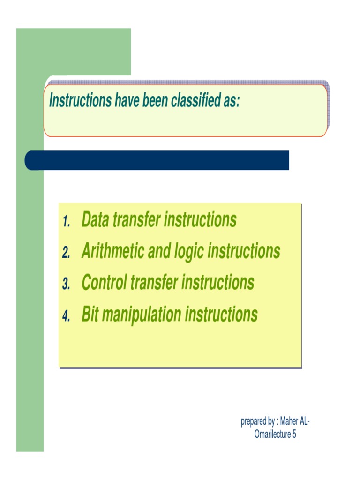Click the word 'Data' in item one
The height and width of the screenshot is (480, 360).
click(x=97, y=219)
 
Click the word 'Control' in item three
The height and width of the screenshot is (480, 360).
click(x=105, y=283)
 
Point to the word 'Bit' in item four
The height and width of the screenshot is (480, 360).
click(x=90, y=315)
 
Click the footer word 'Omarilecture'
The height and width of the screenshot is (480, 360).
click(x=272, y=434)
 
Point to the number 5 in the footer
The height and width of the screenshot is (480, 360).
click(x=294, y=434)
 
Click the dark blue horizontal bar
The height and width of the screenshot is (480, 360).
click(x=157, y=160)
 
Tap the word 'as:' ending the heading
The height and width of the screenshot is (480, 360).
click(x=231, y=101)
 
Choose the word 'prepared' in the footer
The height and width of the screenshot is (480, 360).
click(x=254, y=422)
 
